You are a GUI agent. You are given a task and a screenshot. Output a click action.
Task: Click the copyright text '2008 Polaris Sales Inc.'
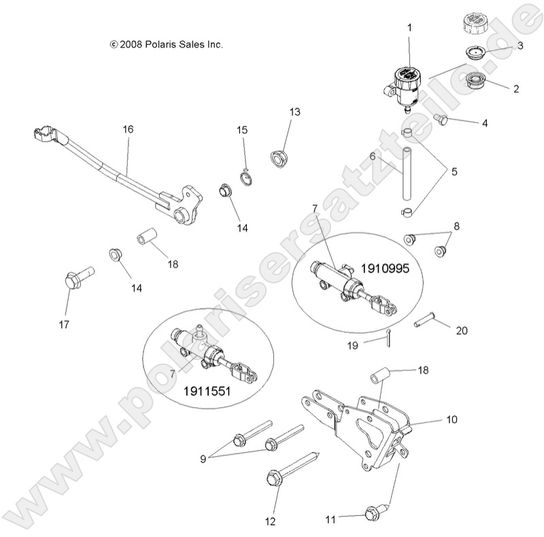click(x=166, y=44)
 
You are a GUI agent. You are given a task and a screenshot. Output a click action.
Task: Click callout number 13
click(x=294, y=111)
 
